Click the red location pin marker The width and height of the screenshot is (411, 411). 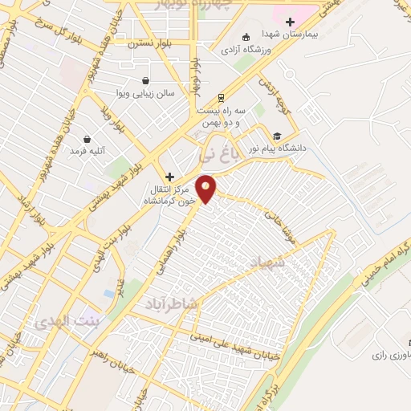pos(206,189)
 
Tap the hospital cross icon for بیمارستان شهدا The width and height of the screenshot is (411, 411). pos(291,22)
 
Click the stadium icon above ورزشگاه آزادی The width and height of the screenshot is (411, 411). pos(245,36)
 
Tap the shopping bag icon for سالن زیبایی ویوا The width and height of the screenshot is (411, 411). pos(144,80)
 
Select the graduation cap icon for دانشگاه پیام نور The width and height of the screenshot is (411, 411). pos(277,136)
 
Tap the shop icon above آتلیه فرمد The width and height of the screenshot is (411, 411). pos(87,139)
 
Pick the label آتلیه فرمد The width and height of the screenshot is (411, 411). pos(87,151)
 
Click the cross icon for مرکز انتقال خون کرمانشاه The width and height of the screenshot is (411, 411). pos(169,177)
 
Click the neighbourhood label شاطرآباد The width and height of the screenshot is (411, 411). pos(171,303)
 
